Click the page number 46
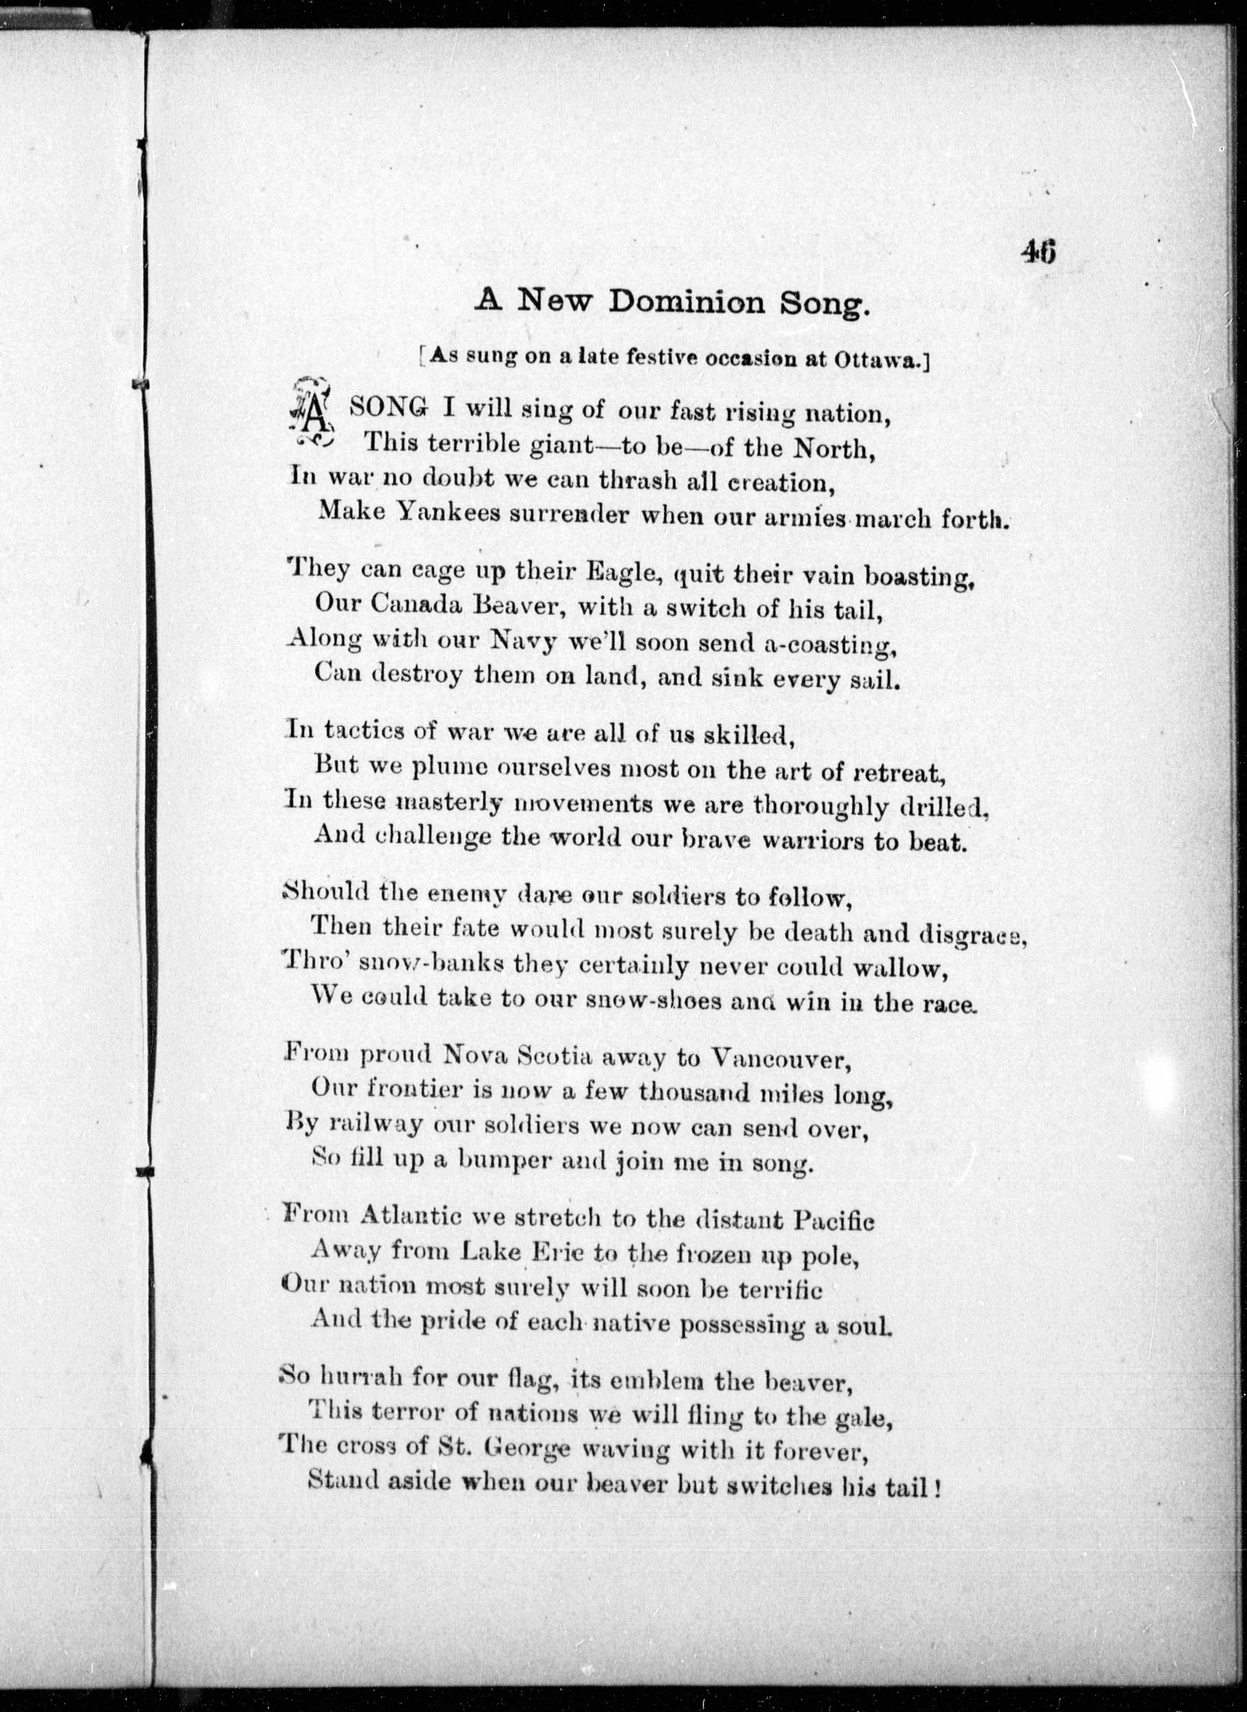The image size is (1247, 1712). (1039, 251)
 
